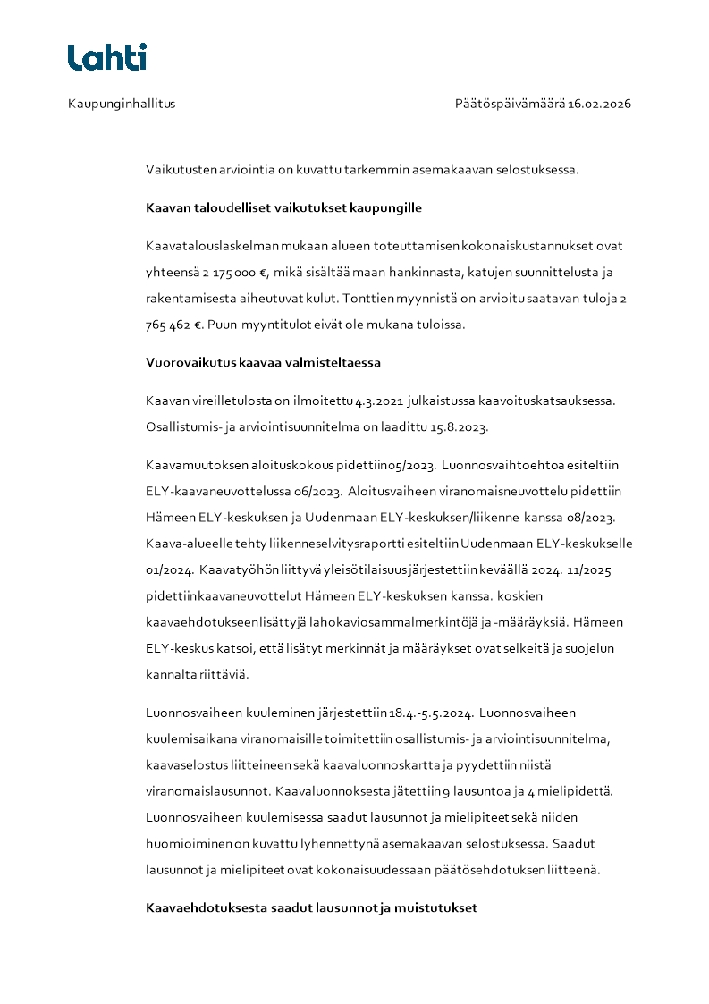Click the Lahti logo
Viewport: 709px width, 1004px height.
106,57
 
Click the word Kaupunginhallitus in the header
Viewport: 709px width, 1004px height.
122,104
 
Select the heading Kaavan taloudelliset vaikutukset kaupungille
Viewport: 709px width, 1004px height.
283,208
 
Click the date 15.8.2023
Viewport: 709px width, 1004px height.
458,427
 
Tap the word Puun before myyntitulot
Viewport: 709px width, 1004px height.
222,325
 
